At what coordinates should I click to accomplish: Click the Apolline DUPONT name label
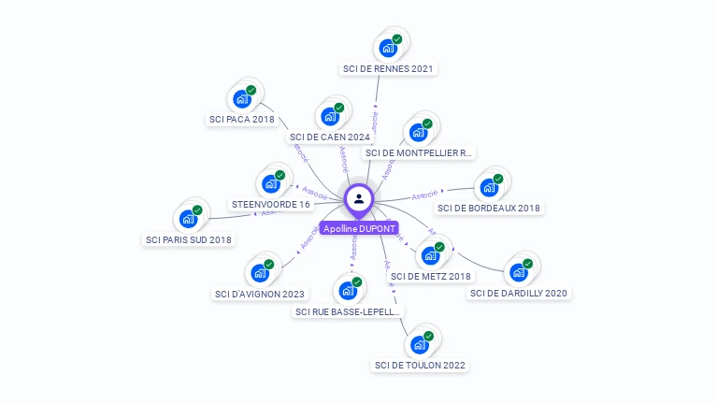(359, 228)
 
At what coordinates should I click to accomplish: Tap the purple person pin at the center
(359, 198)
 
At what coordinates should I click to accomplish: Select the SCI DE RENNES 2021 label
(389, 68)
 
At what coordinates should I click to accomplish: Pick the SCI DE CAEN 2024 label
(329, 137)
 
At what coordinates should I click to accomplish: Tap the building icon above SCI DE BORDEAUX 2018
(489, 187)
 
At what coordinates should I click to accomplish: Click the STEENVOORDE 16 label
(270, 204)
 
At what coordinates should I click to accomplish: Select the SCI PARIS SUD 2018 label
(188, 239)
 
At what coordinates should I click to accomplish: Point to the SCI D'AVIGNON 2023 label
(260, 294)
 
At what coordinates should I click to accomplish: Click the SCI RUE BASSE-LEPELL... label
(349, 311)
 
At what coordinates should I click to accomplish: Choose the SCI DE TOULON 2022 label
(420, 365)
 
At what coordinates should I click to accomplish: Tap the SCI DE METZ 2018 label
(431, 276)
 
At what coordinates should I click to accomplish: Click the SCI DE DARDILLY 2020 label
(519, 293)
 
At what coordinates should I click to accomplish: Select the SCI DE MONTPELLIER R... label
(419, 152)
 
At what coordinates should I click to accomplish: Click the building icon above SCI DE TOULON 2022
(420, 344)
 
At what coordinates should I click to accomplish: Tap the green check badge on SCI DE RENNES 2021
(397, 39)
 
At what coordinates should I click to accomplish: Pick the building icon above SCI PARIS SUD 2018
(188, 219)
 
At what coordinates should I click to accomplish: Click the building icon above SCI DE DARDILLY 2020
(518, 273)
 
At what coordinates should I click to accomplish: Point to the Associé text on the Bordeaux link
(424, 195)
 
